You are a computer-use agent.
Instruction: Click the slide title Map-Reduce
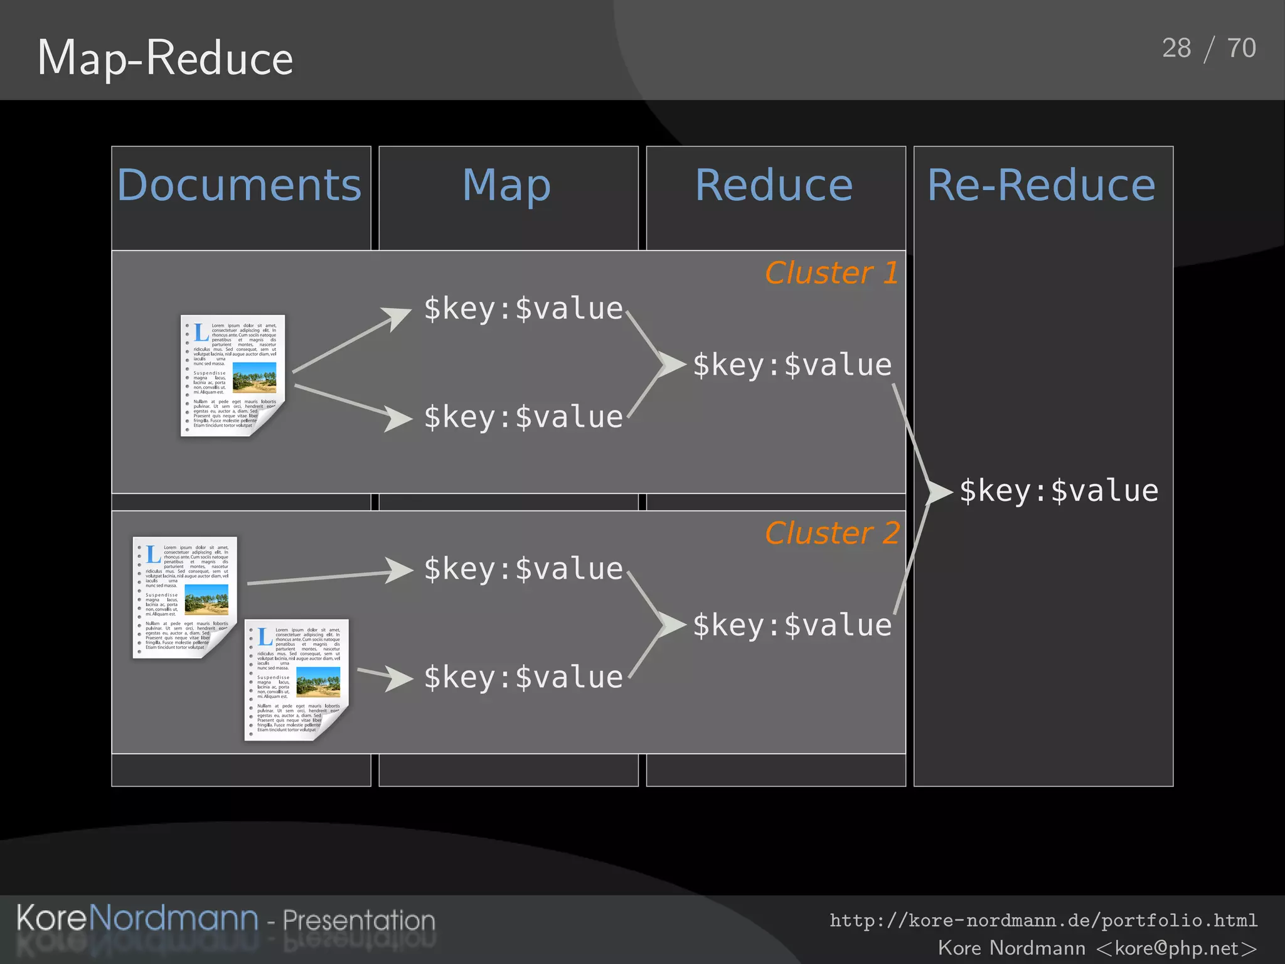pyautogui.click(x=165, y=58)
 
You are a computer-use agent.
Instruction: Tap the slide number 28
pyautogui.click(x=1176, y=48)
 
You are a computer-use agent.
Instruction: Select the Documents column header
pyautogui.click(x=239, y=185)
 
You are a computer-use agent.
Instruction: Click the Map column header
pyautogui.click(x=507, y=185)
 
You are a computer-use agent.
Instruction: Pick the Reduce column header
pyautogui.click(x=774, y=185)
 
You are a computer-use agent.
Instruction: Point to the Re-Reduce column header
pyautogui.click(x=1042, y=185)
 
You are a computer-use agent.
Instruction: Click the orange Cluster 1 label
pyautogui.click(x=831, y=273)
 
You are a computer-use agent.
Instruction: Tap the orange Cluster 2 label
pyautogui.click(x=832, y=533)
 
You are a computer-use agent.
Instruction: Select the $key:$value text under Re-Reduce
pyautogui.click(x=1058, y=491)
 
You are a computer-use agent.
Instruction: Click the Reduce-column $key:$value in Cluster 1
pyautogui.click(x=792, y=365)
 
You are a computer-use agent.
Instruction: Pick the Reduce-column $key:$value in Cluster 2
pyautogui.click(x=792, y=626)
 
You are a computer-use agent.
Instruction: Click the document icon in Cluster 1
pyautogui.click(x=233, y=375)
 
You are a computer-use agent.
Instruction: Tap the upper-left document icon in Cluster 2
pyautogui.click(x=184, y=597)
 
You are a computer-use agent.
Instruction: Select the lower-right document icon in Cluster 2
pyautogui.click(x=296, y=680)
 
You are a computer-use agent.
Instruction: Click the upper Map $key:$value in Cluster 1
pyautogui.click(x=523, y=309)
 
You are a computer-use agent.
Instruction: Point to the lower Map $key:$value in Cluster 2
pyautogui.click(x=523, y=678)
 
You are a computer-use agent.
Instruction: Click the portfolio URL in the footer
pyautogui.click(x=1043, y=920)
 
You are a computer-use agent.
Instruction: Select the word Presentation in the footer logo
pyautogui.click(x=359, y=920)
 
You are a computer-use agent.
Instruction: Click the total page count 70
pyautogui.click(x=1242, y=48)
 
